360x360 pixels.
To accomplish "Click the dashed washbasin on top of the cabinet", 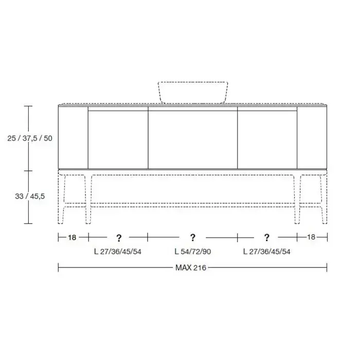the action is click(193, 92).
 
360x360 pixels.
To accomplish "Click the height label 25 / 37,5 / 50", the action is click(30, 138).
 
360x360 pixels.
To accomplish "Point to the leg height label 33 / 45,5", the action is click(30, 196).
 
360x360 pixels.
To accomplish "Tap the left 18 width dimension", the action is click(72, 238).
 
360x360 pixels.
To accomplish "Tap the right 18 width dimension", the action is click(311, 237).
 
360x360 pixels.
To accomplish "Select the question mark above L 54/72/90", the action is click(193, 238).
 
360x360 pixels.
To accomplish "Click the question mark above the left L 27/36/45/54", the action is click(119, 238).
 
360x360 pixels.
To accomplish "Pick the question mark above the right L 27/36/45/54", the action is click(266, 238).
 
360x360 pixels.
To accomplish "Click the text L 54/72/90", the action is click(193, 251).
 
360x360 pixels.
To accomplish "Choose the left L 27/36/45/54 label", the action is click(118, 251).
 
